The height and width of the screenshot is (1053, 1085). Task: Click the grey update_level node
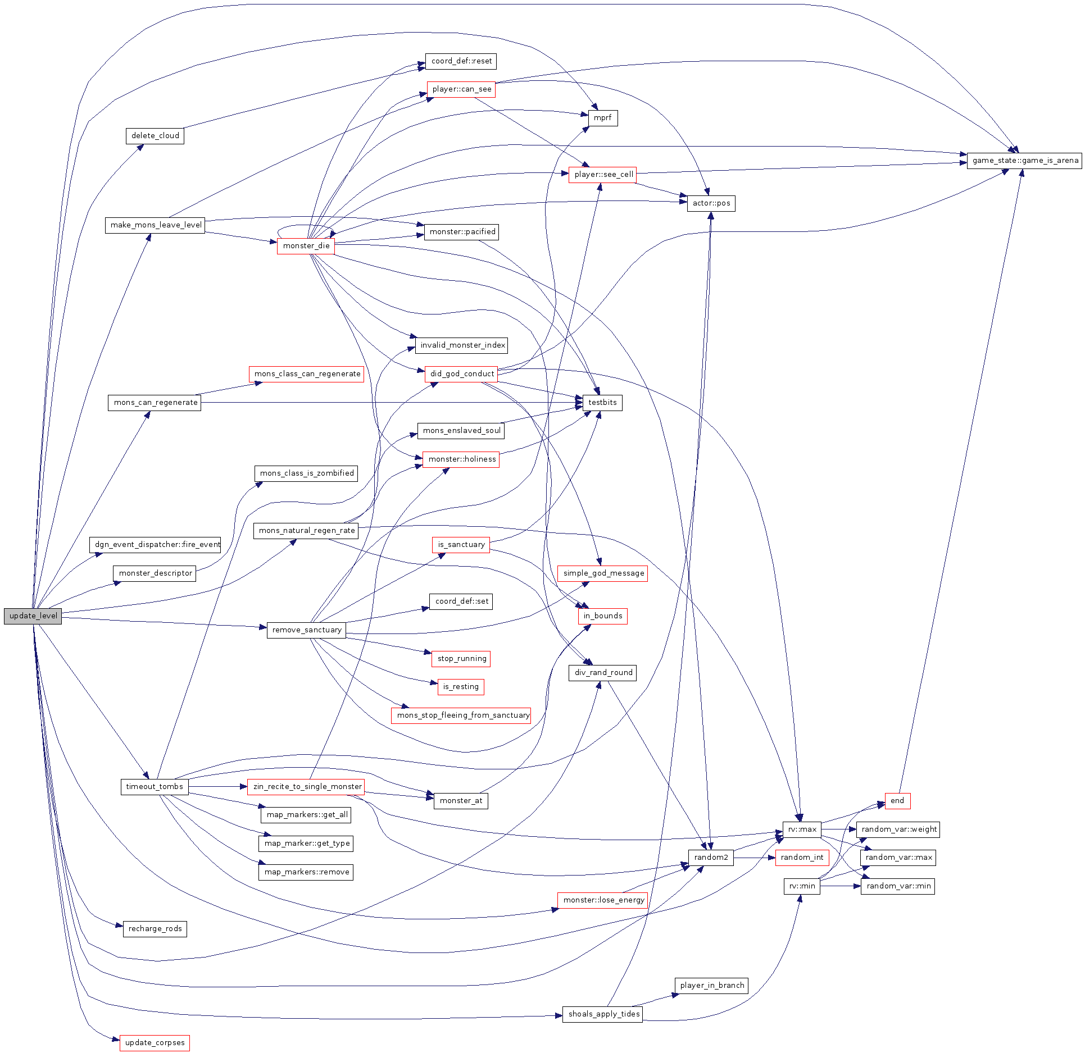[x=33, y=616]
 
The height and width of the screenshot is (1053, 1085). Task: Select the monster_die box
[x=306, y=246]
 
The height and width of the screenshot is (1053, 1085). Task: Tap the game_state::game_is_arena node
[x=1024, y=161]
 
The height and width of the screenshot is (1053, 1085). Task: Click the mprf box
[x=602, y=118]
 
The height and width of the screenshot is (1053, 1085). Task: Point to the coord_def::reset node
[x=461, y=61]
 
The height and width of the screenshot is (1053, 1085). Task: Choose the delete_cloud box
[x=155, y=136]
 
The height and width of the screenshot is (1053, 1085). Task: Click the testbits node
[x=602, y=403]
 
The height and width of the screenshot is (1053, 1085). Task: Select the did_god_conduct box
[x=461, y=374]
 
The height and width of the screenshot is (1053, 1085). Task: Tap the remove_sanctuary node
[x=306, y=630]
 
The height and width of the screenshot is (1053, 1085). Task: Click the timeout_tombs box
[x=155, y=787]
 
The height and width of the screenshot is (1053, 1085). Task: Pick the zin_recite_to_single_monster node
[x=306, y=787]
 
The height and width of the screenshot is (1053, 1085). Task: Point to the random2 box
[x=711, y=858]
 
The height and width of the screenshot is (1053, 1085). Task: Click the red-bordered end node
[x=897, y=801]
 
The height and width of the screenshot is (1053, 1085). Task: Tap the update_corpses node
[x=155, y=1043]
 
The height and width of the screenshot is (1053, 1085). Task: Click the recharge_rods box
[x=155, y=929]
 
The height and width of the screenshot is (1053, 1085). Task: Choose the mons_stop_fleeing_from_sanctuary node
[x=461, y=715]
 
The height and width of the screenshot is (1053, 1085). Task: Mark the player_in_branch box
[x=711, y=986]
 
